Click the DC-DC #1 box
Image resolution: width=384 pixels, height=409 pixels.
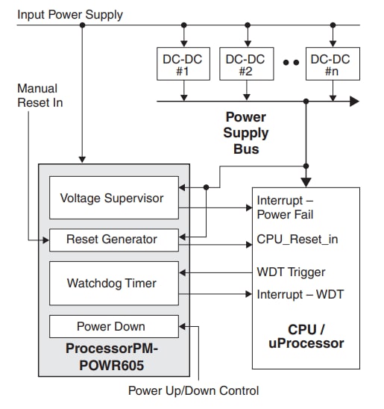pyautogui.click(x=183, y=64)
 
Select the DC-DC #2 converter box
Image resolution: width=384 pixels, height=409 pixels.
pyautogui.click(x=245, y=64)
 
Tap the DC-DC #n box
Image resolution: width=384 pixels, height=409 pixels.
pyautogui.click(x=332, y=64)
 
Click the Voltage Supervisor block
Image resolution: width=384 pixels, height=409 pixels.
pyautogui.click(x=113, y=198)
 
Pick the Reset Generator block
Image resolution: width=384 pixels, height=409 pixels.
pyautogui.click(x=113, y=240)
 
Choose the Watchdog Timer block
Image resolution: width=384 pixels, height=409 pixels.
pyautogui.click(x=113, y=283)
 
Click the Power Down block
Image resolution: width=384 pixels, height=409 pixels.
pyautogui.click(x=113, y=326)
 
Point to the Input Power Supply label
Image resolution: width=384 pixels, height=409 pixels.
pyautogui.click(x=70, y=14)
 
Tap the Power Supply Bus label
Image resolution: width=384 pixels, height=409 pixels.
pyautogui.click(x=246, y=133)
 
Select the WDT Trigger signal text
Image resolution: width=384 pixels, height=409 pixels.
pyautogui.click(x=291, y=272)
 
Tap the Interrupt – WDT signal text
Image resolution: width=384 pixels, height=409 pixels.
pyautogui.click(x=300, y=294)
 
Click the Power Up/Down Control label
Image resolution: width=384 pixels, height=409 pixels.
pyautogui.click(x=193, y=390)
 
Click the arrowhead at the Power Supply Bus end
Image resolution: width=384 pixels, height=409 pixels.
pyautogui.click(x=353, y=101)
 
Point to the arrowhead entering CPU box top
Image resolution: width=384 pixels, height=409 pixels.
pyautogui.click(x=304, y=181)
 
